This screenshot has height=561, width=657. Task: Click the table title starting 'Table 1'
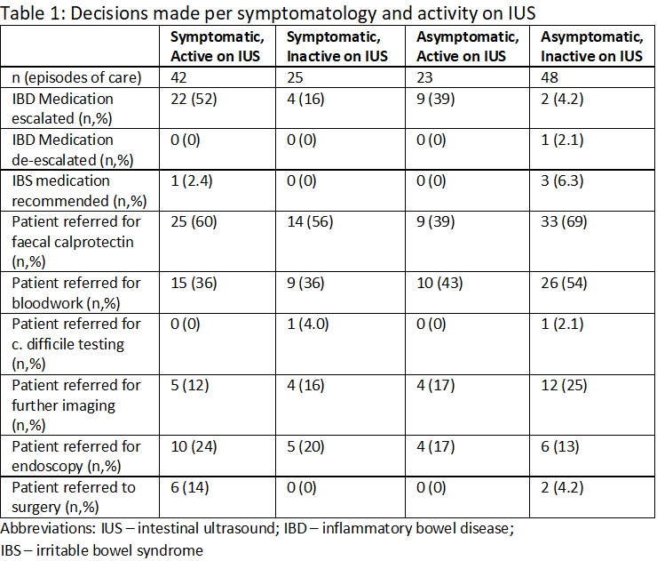click(268, 13)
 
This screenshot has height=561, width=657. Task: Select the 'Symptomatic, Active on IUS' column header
click(217, 46)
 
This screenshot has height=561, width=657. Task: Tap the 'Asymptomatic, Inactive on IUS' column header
click(591, 46)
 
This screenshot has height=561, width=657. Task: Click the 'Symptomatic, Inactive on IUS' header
click(337, 46)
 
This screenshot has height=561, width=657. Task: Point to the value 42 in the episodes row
click(178, 77)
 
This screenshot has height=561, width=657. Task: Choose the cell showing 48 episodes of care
click(550, 77)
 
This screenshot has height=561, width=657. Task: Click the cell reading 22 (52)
click(194, 100)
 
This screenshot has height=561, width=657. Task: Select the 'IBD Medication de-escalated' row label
click(73, 149)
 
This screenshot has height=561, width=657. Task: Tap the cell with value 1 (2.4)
click(192, 181)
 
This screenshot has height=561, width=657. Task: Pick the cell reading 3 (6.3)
click(562, 181)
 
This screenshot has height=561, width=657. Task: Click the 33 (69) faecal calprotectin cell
click(564, 222)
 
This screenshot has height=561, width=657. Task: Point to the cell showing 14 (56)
click(310, 222)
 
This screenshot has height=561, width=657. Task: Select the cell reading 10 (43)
click(439, 284)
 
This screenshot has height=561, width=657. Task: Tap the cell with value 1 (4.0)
click(307, 325)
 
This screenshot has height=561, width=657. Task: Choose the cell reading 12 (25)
click(564, 386)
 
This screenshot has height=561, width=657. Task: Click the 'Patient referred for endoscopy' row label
click(76, 456)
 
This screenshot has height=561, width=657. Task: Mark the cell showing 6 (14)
click(189, 487)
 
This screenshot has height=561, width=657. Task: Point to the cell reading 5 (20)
click(305, 447)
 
